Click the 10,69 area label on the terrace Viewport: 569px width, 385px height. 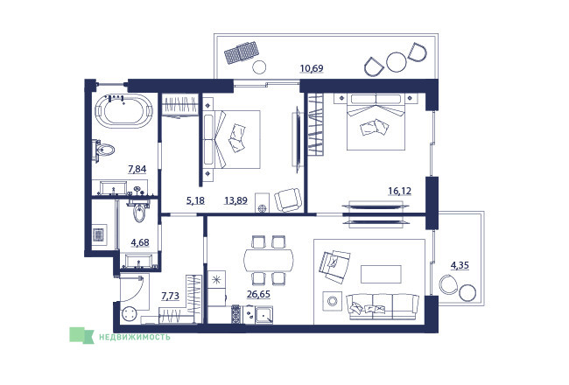click(312, 68)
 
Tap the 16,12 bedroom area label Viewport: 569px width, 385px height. click(399, 191)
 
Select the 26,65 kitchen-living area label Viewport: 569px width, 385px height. click(258, 294)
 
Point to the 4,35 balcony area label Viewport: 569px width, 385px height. click(460, 265)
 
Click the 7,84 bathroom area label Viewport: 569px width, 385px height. click(137, 169)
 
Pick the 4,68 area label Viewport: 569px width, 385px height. click(140, 242)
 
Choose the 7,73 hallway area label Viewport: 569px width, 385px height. click(170, 296)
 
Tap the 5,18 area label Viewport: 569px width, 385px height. click(195, 200)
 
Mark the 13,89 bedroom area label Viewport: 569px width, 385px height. click(235, 200)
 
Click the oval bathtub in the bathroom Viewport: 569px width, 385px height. click(123, 110)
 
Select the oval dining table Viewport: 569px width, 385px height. click(269, 260)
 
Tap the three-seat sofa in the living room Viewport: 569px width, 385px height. click(383, 306)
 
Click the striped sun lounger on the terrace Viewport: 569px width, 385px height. click(242, 52)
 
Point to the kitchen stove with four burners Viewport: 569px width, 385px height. click(236, 314)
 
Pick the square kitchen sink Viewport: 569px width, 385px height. click(263, 314)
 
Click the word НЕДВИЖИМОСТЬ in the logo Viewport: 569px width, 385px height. click(135, 337)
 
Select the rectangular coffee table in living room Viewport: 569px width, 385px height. click(381, 274)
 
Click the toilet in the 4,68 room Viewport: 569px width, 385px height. click(140, 212)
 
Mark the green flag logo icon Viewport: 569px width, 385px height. click(81, 335)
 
